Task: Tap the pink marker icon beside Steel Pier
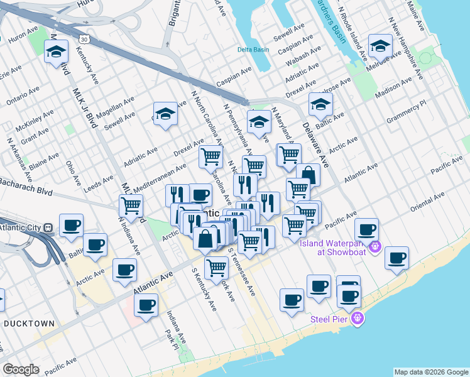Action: pos(358,319)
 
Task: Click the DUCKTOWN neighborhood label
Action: pos(30,323)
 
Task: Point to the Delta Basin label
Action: pos(253,50)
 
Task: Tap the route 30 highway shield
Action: pos(93,39)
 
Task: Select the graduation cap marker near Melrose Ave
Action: pos(381,46)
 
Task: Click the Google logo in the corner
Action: pos(21,369)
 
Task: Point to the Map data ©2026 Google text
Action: pos(431,372)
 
